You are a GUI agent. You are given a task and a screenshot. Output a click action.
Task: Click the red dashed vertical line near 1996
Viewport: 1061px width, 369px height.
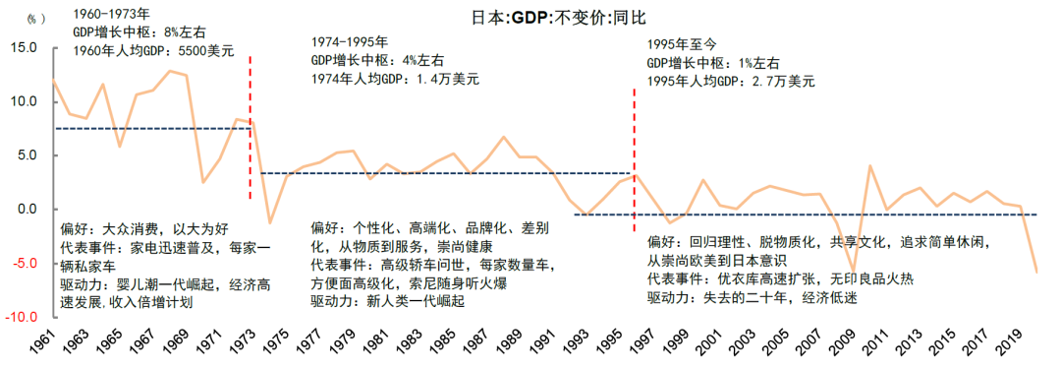pos(635,148)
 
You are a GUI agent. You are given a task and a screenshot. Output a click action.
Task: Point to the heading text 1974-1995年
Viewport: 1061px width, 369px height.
pos(349,43)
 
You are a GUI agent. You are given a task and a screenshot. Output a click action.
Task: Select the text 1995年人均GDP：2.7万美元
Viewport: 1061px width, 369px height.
pos(731,81)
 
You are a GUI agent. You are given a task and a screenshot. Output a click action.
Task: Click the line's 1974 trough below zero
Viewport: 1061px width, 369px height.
pos(270,222)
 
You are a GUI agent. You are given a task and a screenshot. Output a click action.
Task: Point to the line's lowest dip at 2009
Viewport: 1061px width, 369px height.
pos(853,271)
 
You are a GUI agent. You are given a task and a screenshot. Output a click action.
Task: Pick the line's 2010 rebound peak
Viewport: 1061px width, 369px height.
pos(870,166)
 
